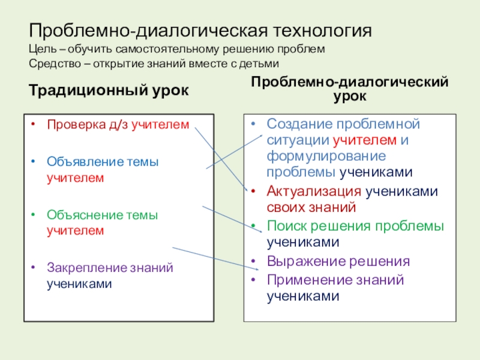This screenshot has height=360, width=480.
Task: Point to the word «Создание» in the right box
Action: tap(299, 124)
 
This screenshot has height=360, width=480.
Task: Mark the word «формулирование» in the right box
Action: tap(317, 156)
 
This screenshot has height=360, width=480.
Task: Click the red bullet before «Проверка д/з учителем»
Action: tap(35, 125)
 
